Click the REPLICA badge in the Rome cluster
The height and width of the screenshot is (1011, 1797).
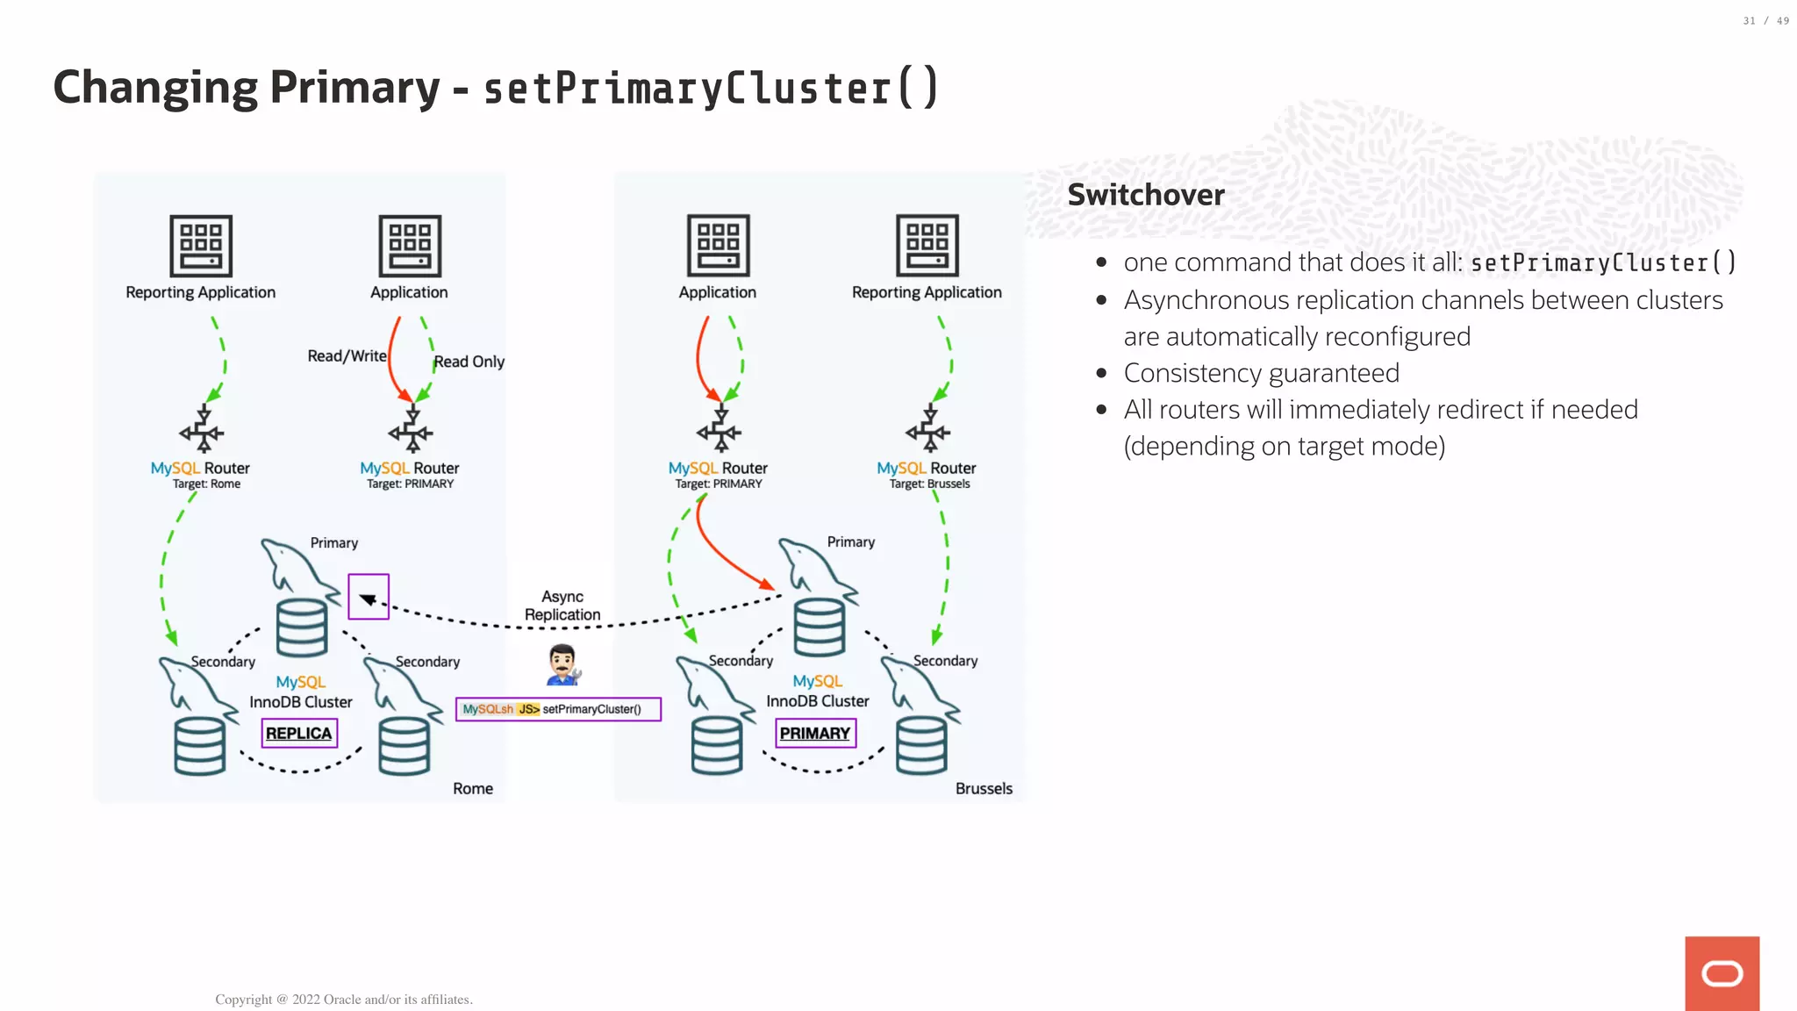pyautogui.click(x=299, y=733)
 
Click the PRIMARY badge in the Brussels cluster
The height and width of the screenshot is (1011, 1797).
pyautogui.click(x=815, y=733)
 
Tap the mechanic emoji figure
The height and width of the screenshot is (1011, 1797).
pyautogui.click(x=562, y=665)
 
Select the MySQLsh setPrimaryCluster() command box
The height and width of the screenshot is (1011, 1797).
pyautogui.click(x=558, y=709)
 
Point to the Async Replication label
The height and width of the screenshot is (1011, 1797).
pyautogui.click(x=562, y=606)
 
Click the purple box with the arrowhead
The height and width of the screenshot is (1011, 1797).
pyautogui.click(x=369, y=597)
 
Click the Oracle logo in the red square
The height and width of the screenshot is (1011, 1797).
pyautogui.click(x=1722, y=973)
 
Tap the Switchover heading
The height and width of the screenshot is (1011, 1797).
pyautogui.click(x=1145, y=195)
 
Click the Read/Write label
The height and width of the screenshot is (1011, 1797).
pyautogui.click(x=347, y=355)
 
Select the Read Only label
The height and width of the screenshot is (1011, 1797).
pyautogui.click(x=469, y=362)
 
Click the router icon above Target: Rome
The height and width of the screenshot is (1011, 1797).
pyautogui.click(x=202, y=430)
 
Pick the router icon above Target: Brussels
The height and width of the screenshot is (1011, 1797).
pyautogui.click(x=928, y=430)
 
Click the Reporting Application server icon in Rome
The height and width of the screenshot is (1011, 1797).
pyautogui.click(x=201, y=246)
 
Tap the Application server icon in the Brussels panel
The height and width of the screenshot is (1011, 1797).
pyautogui.click(x=718, y=246)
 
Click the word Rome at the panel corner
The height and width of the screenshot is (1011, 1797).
pyautogui.click(x=472, y=788)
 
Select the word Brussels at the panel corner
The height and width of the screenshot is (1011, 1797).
pyautogui.click(x=984, y=788)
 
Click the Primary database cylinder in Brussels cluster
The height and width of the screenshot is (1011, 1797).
pyautogui.click(x=820, y=627)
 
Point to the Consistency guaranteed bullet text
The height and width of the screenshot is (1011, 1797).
pyautogui.click(x=1261, y=373)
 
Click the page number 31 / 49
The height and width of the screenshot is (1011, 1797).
pyautogui.click(x=1765, y=21)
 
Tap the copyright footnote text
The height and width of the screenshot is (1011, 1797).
pyautogui.click(x=343, y=999)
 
